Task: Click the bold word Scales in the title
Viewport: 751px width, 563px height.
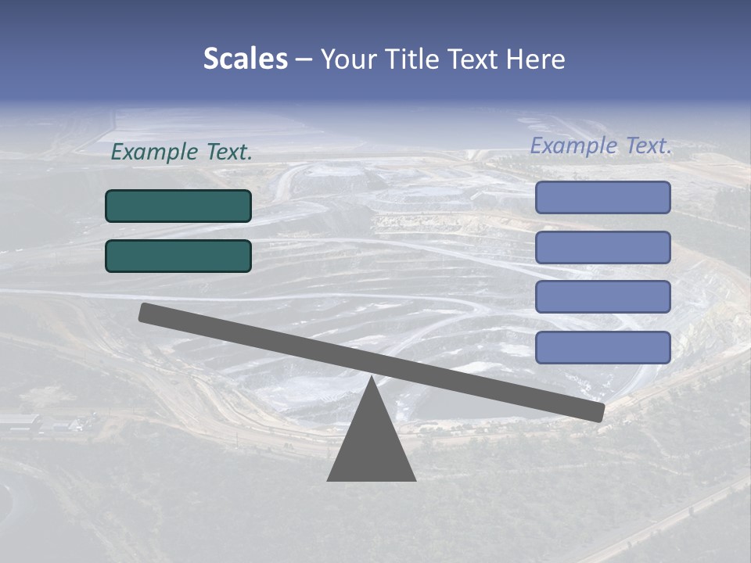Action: [x=245, y=59]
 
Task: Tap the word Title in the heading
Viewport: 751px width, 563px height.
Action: [x=419, y=59]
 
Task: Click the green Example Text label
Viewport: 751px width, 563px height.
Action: [x=181, y=152]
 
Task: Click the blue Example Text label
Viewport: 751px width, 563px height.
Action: [x=601, y=145]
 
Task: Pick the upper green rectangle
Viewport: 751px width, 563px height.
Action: [x=178, y=206]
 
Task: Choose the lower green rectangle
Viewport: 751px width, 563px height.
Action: [x=178, y=256]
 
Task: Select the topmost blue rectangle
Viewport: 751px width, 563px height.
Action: [x=602, y=197]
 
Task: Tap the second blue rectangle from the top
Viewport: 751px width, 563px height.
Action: [x=602, y=247]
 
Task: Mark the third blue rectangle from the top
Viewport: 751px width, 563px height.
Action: [x=602, y=297]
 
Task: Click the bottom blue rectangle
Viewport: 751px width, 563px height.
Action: [x=602, y=347]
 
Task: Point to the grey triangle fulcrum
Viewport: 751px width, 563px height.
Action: [x=371, y=446]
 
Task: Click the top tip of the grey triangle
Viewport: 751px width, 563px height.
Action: [x=371, y=378]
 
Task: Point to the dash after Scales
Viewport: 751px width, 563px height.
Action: [x=304, y=59]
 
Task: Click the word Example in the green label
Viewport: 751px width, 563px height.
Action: [x=155, y=152]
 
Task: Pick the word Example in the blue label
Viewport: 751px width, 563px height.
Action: [x=574, y=145]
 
